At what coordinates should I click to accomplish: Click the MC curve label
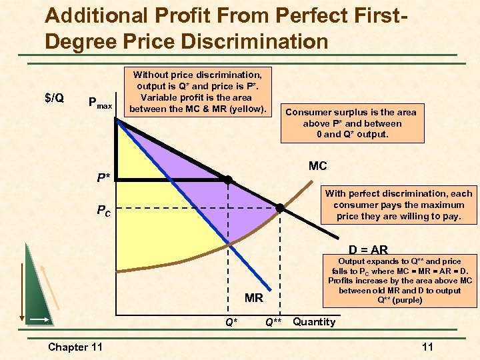(318, 165)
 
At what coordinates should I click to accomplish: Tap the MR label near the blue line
(254, 298)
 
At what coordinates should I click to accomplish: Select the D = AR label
(368, 250)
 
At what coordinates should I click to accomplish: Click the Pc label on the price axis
(103, 211)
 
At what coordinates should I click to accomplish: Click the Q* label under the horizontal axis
(231, 323)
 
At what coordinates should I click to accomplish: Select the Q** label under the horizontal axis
(273, 323)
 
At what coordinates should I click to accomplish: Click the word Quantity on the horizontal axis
(314, 322)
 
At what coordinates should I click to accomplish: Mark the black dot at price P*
(227, 180)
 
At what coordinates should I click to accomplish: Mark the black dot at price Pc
(280, 209)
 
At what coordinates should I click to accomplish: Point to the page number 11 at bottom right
(427, 347)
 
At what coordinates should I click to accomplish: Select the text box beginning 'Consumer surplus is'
(351, 123)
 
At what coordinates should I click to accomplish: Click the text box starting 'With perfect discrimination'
(398, 205)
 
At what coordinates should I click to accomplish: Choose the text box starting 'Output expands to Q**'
(400, 281)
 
